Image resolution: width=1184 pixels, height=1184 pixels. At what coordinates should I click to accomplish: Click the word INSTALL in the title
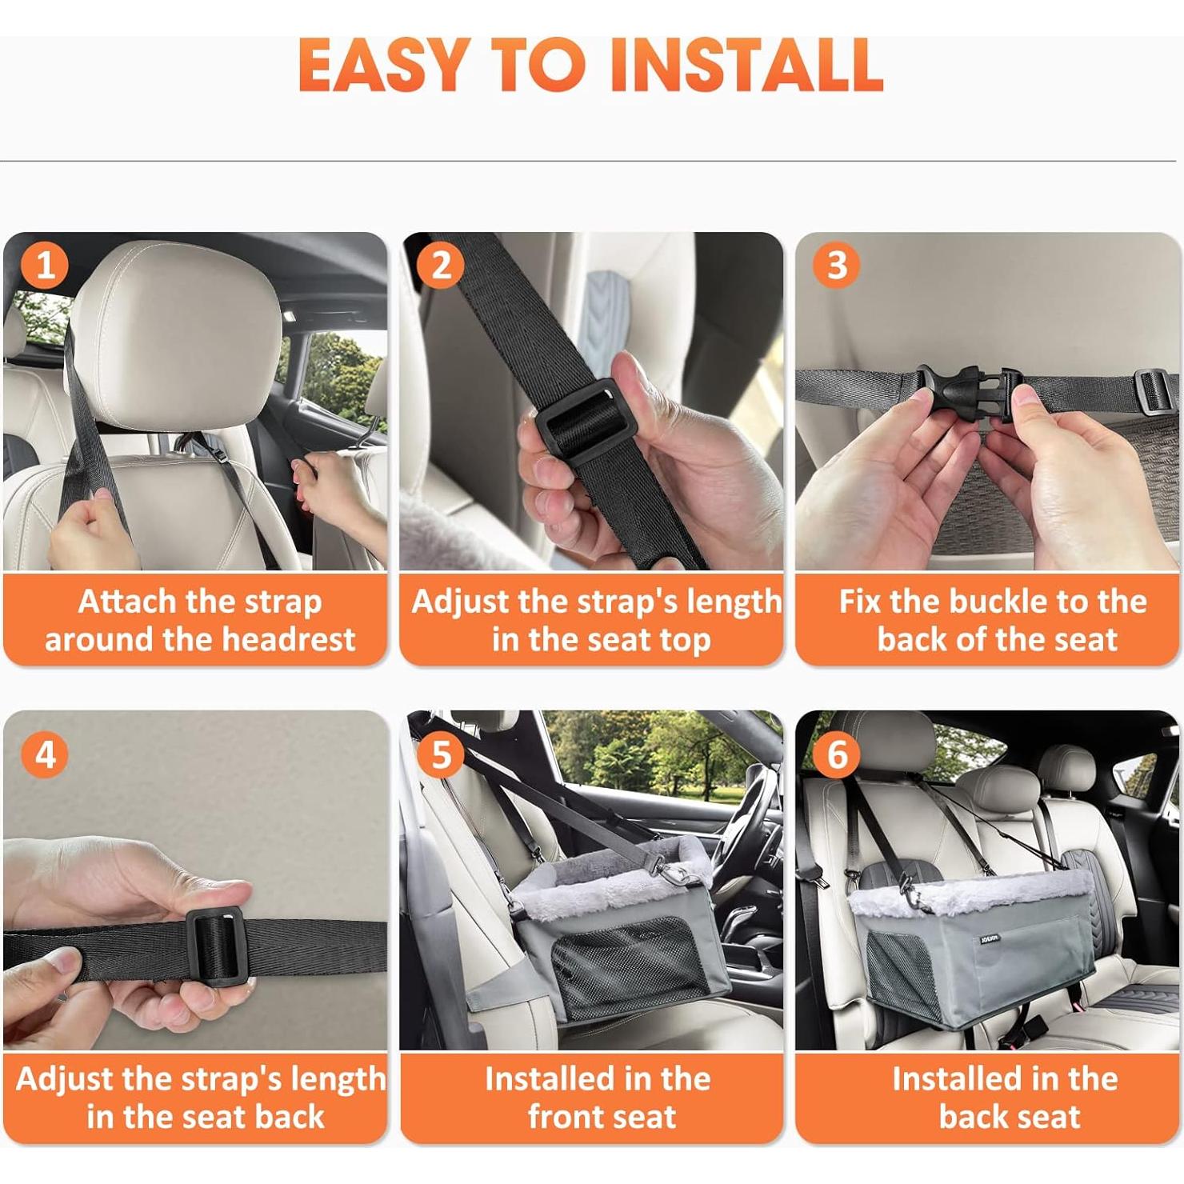[746, 66]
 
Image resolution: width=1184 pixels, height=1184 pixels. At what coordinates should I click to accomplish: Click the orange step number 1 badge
[45, 266]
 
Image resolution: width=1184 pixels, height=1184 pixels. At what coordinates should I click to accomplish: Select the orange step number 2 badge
[441, 266]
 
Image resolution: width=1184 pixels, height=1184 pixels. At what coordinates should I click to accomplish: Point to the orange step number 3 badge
[837, 266]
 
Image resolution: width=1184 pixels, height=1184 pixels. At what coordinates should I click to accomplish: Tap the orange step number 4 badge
[45, 754]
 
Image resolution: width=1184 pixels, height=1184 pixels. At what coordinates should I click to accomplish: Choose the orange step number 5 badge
[441, 754]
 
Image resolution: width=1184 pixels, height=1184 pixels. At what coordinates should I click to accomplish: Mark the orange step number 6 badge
[837, 754]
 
